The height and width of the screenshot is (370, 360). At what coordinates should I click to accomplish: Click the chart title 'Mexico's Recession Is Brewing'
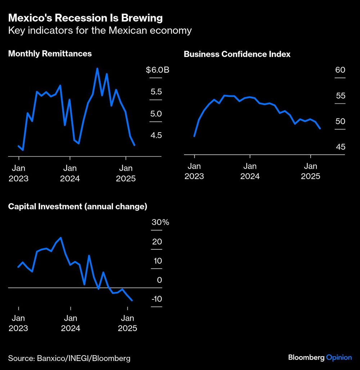coord(85,18)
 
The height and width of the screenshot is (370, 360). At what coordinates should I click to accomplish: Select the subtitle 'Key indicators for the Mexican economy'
coord(100,31)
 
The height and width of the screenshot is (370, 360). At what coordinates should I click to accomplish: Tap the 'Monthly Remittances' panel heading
coord(50,54)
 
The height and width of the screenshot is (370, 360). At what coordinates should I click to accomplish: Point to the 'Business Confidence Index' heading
coord(237,54)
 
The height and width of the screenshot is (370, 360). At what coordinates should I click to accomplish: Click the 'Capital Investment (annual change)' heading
coord(77,206)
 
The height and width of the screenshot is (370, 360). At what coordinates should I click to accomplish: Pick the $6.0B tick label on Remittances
coord(157,70)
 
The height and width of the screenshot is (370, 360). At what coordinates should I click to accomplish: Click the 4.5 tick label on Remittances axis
coord(156,135)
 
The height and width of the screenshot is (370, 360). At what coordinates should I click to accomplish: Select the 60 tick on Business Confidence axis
coord(340,70)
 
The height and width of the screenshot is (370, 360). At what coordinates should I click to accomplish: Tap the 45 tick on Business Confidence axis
coord(340,147)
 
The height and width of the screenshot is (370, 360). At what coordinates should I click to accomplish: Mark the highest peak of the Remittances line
coord(97,68)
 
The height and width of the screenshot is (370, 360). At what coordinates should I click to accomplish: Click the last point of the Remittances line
coord(135,145)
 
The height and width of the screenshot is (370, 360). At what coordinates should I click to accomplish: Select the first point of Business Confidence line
coord(194,136)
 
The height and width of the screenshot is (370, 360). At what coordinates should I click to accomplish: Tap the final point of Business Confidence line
coord(320,128)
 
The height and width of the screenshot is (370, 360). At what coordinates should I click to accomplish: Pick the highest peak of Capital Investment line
coord(61,238)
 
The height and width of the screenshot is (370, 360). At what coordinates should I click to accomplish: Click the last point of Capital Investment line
coord(132,300)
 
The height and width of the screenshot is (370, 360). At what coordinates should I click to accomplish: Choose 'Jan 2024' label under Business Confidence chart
coord(250,171)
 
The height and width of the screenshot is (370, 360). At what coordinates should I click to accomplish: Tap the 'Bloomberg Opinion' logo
coord(320,357)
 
